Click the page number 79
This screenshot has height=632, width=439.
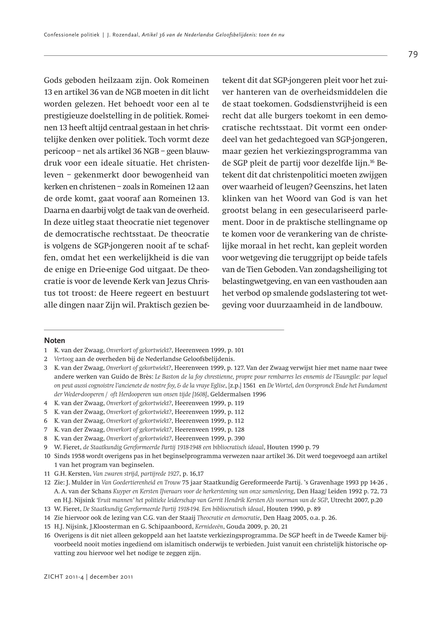coord(413,55)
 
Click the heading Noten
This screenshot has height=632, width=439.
coord(54,340)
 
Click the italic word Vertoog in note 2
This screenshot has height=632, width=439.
coord(62,359)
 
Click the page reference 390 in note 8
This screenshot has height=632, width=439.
coord(240,438)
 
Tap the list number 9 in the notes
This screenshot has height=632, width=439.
coord(46,447)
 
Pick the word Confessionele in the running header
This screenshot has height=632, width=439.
coord(58,35)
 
